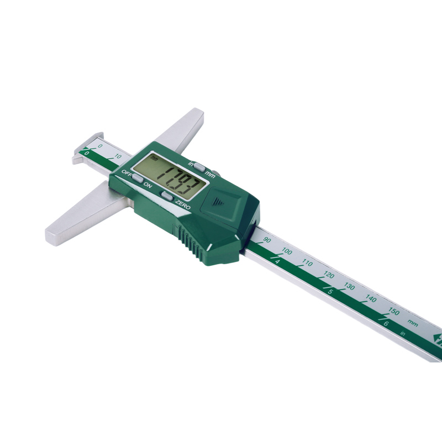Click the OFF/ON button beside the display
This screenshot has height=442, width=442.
click(137, 178)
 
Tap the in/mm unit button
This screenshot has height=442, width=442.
click(199, 166)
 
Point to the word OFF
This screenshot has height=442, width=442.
click(127, 173)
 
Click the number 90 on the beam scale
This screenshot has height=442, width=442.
click(267, 240)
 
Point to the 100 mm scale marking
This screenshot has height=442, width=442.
click(287, 251)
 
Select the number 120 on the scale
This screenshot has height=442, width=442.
click(328, 275)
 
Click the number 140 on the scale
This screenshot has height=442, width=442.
click(371, 299)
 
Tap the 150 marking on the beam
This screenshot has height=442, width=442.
click(393, 312)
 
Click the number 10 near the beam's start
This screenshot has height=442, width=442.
click(119, 156)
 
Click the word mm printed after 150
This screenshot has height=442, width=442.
click(413, 323)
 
